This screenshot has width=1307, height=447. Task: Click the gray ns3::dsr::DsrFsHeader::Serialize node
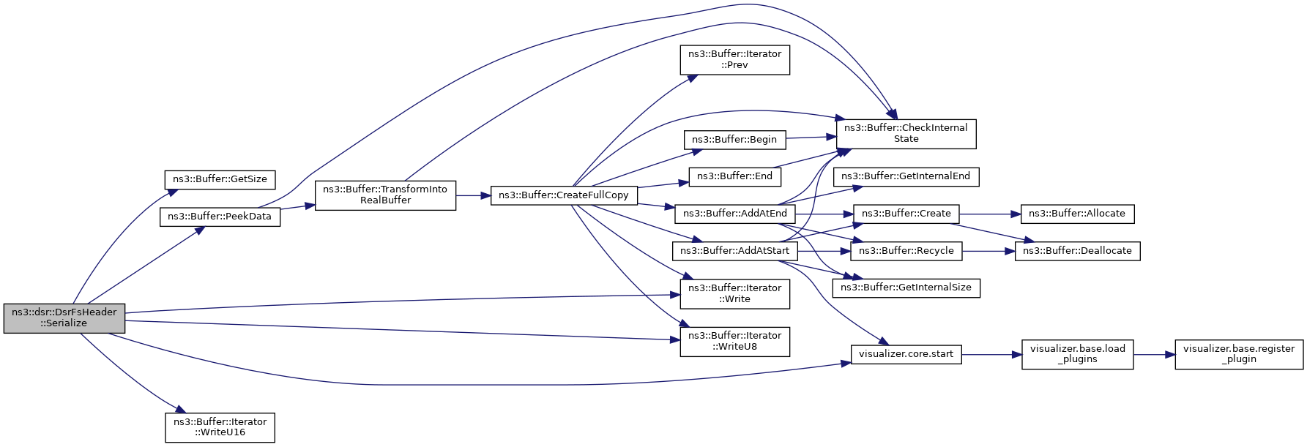pyautogui.click(x=64, y=318)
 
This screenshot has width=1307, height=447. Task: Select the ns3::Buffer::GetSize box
pyautogui.click(x=220, y=179)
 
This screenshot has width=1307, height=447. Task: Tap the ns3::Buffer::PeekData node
pyautogui.click(x=220, y=217)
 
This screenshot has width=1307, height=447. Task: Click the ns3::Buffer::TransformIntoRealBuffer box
pyautogui.click(x=385, y=195)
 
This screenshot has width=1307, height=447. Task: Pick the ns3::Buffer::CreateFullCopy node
pyautogui.click(x=564, y=195)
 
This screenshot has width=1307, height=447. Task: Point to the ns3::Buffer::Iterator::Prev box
pyautogui.click(x=735, y=59)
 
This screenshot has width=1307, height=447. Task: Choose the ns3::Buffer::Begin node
pyautogui.click(x=734, y=140)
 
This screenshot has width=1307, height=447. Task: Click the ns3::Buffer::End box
pyautogui.click(x=734, y=176)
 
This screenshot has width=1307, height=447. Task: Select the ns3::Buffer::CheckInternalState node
pyautogui.click(x=906, y=133)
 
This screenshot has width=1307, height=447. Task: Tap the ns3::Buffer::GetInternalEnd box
pyautogui.click(x=906, y=176)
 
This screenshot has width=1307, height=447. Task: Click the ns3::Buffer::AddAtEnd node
pyautogui.click(x=735, y=214)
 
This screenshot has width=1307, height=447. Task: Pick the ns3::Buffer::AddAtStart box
pyautogui.click(x=735, y=251)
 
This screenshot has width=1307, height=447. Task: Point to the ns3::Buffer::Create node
pyautogui.click(x=906, y=214)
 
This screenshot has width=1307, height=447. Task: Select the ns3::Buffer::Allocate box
pyautogui.click(x=1077, y=214)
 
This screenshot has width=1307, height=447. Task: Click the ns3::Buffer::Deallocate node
pyautogui.click(x=1077, y=251)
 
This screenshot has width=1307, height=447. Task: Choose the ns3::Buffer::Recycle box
pyautogui.click(x=906, y=251)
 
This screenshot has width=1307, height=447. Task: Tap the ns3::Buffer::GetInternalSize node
pyautogui.click(x=906, y=288)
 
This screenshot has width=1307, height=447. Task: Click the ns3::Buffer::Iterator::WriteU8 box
pyautogui.click(x=735, y=341)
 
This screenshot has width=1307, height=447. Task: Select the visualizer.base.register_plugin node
pyautogui.click(x=1239, y=354)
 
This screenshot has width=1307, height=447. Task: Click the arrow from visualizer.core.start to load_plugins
pyautogui.click(x=991, y=355)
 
